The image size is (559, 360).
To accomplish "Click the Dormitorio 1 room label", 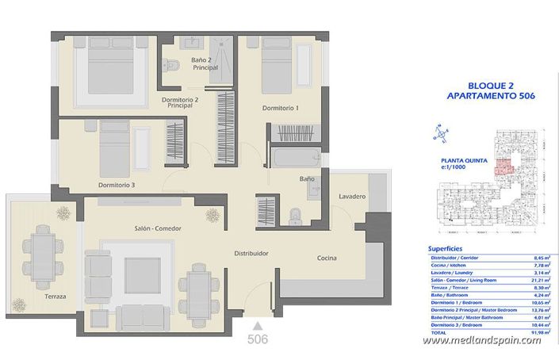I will pyautogui.click(x=281, y=108).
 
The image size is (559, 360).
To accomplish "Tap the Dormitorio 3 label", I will pyautogui.click(x=117, y=185).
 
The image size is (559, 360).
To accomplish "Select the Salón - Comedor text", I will pyautogui.click(x=158, y=228).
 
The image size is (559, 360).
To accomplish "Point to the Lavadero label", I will pyautogui.click(x=350, y=196).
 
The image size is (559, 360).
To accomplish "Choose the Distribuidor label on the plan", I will pyautogui.click(x=250, y=254).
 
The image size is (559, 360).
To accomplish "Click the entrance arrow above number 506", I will pyautogui.click(x=257, y=325).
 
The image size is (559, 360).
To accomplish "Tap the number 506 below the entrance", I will pyautogui.click(x=257, y=339).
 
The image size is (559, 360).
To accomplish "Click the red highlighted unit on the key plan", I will pyautogui.click(x=500, y=166).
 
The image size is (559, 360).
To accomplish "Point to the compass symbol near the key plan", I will pyautogui.click(x=437, y=133).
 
